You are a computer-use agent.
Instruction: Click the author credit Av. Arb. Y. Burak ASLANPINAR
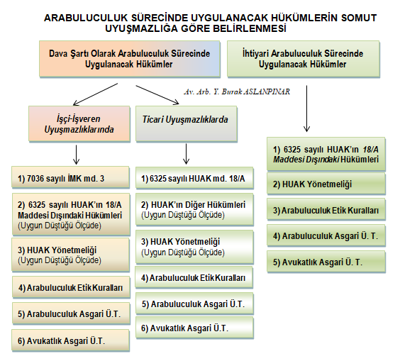[x=237, y=91]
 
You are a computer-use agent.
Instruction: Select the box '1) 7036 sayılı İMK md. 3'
[x=71, y=177]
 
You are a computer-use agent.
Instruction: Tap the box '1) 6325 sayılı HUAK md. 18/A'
[x=194, y=178]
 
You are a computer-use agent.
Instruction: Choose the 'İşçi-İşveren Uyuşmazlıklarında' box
[x=79, y=123]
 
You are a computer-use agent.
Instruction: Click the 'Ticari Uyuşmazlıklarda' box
[x=187, y=123]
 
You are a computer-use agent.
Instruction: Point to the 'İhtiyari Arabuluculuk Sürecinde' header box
[x=304, y=59]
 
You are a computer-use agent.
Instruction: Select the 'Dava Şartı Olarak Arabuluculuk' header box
[x=130, y=59]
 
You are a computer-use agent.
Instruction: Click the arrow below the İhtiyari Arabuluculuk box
[x=306, y=109]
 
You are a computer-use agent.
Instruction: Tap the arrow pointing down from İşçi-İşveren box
[x=76, y=155]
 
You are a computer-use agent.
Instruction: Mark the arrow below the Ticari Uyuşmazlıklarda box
[x=187, y=154]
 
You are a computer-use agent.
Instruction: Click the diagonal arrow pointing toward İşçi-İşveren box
[x=95, y=94]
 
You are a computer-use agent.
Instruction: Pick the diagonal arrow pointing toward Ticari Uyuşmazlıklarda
[x=157, y=95]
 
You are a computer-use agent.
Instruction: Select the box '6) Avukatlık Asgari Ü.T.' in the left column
[x=71, y=340]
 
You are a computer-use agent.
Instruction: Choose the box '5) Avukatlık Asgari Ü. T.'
[x=326, y=262]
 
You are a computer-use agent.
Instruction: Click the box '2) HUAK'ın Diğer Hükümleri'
[x=194, y=209]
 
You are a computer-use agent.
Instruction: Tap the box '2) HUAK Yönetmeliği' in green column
[x=326, y=184]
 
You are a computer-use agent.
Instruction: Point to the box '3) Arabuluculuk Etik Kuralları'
[x=326, y=210]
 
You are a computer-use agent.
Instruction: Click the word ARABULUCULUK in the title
[x=86, y=18]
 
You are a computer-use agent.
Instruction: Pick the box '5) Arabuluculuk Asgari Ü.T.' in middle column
[x=194, y=304]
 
